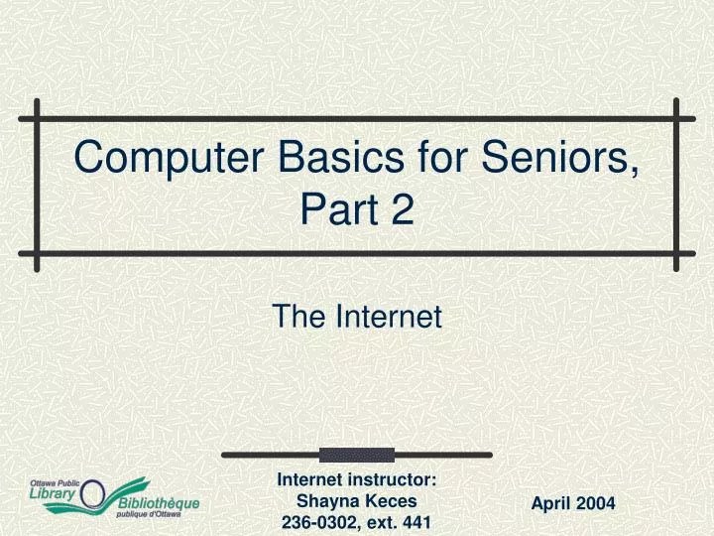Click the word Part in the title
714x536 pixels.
pyautogui.click(x=334, y=209)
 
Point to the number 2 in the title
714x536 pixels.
pyautogui.click(x=401, y=209)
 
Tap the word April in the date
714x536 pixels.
pyautogui.click(x=551, y=504)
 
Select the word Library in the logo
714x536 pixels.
pyautogui.click(x=52, y=493)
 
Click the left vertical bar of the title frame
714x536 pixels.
pyautogui.click(x=37, y=185)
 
